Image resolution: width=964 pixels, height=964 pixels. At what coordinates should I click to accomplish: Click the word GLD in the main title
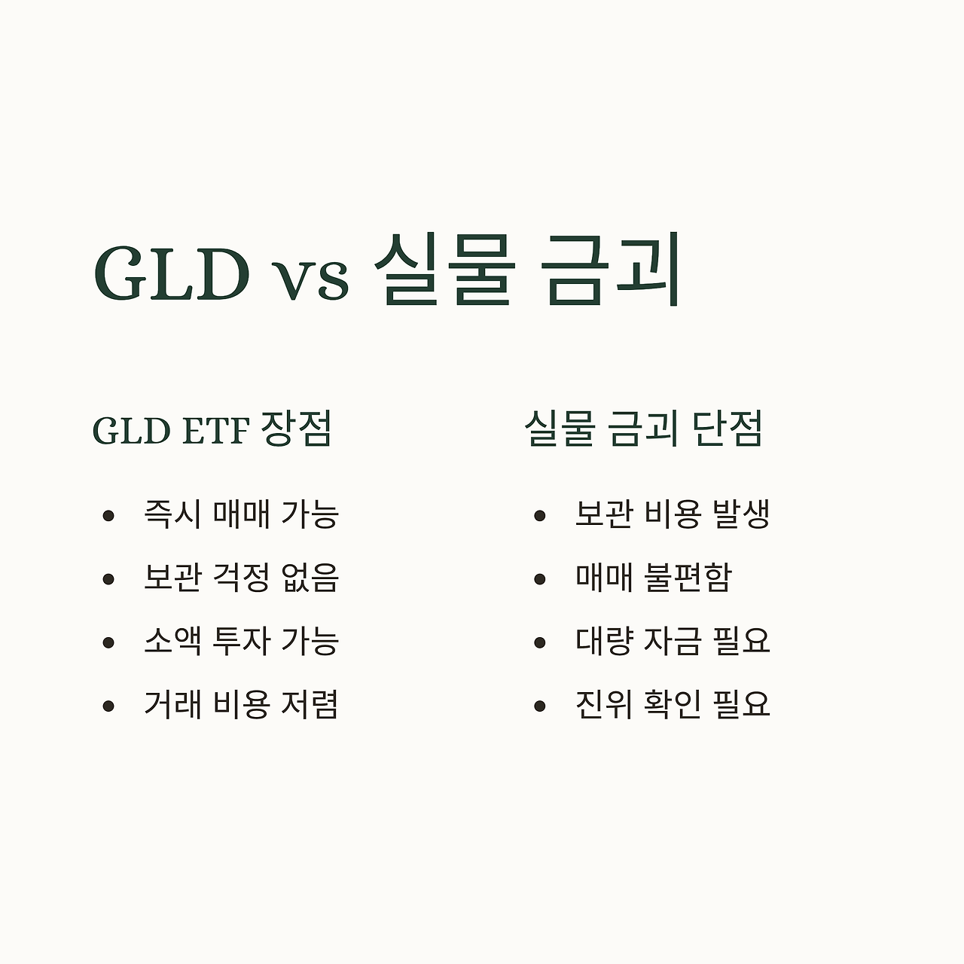(x=172, y=273)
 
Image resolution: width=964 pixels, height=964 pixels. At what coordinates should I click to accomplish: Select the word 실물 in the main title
(x=445, y=270)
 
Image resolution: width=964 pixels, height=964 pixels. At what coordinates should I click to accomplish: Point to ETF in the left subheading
(x=215, y=432)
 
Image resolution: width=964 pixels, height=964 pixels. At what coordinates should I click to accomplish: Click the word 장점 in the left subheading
(x=296, y=429)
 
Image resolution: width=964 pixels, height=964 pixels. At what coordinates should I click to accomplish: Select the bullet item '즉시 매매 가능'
(x=241, y=514)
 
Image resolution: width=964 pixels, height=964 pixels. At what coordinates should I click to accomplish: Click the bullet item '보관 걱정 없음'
(x=241, y=578)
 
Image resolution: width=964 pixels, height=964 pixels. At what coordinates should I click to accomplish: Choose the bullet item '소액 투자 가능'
(x=241, y=641)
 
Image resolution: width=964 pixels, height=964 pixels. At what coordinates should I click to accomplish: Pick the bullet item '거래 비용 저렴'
(x=241, y=705)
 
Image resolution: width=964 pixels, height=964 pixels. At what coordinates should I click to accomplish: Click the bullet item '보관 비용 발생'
(x=672, y=514)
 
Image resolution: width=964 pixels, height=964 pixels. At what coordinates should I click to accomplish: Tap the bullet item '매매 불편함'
(x=653, y=578)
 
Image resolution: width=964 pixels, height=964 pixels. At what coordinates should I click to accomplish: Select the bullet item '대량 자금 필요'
(x=672, y=641)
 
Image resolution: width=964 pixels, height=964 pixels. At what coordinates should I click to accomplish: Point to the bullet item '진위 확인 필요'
(x=672, y=705)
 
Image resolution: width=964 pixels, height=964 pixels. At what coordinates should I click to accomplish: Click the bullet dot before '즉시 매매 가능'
(x=108, y=516)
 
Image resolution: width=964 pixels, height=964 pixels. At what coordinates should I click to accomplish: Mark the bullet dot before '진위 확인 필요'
(x=539, y=706)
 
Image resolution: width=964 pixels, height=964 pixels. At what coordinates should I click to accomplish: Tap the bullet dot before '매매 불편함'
(x=539, y=579)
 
